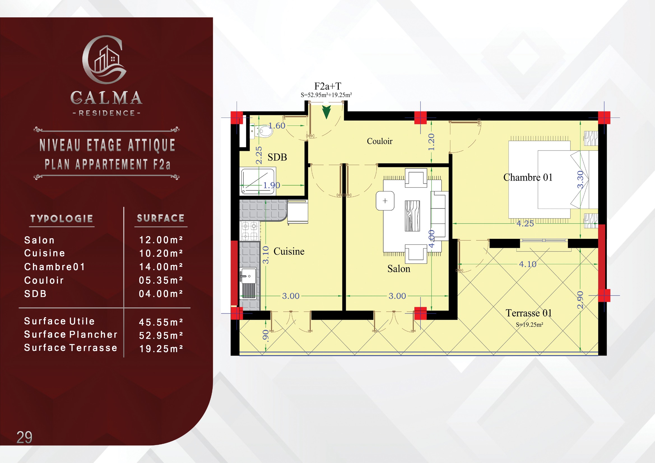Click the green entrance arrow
click(326, 112)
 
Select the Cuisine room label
click(289, 251)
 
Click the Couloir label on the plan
click(379, 141)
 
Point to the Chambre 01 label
click(528, 177)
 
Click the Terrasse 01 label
click(529, 313)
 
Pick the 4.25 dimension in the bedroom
click(525, 223)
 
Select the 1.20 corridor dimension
click(431, 142)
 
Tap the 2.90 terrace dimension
click(580, 300)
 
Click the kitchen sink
click(248, 283)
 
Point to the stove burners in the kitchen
click(250, 231)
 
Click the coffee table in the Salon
click(412, 216)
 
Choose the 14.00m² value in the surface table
click(161, 267)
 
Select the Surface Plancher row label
click(71, 334)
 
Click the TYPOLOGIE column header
click(62, 219)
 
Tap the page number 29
click(25, 437)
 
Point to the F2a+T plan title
click(327, 86)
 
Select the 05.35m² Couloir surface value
click(161, 280)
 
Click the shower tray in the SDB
click(258, 182)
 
